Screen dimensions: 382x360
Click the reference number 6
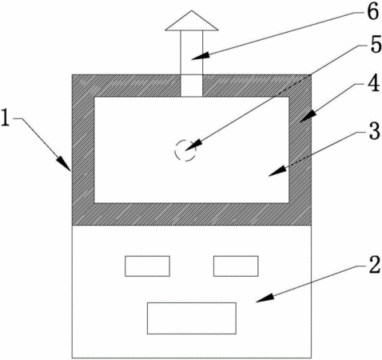[373, 12]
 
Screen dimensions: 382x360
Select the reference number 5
[376, 45]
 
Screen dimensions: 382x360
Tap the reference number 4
[373, 84]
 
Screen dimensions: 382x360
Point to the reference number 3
[374, 131]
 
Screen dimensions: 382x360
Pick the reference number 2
[375, 265]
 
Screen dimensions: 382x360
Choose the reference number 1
[6, 119]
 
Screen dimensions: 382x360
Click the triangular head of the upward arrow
[192, 21]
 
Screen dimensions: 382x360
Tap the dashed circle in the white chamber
[185, 150]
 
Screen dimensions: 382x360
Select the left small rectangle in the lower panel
[147, 266]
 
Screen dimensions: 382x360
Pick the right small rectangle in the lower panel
[236, 266]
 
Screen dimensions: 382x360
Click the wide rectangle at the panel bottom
[192, 318]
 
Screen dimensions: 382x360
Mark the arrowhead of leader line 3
[277, 171]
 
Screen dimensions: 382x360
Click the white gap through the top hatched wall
[192, 86]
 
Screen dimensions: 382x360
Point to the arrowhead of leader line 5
[193, 146]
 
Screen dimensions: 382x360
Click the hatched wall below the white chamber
[192, 214]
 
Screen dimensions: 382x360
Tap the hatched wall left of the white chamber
[83, 150]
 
